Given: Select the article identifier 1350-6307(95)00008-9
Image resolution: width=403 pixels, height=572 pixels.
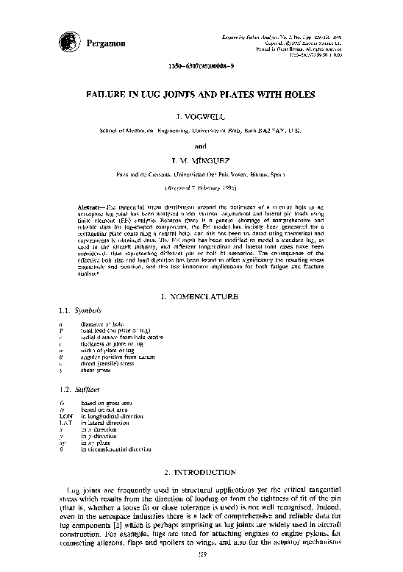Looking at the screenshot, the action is pyautogui.click(x=201, y=66).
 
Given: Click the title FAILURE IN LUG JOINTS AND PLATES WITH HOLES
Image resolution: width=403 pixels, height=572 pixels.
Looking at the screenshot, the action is pyautogui.click(x=201, y=96).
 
